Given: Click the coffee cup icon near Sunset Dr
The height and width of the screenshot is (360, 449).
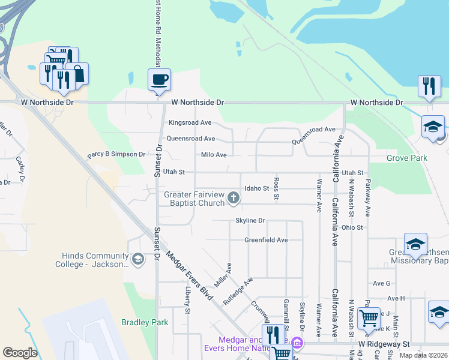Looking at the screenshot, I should [x=160, y=79].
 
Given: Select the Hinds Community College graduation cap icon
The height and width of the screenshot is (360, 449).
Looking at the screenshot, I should [x=138, y=259].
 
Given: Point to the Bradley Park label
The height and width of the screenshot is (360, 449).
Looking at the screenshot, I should [x=145, y=322].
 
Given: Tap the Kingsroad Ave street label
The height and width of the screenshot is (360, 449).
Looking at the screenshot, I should [x=190, y=123].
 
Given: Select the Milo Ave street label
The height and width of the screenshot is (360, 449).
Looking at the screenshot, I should [x=214, y=155].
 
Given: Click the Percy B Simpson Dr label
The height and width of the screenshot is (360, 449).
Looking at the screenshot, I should [x=116, y=154].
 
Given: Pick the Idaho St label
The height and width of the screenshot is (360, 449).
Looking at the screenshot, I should [x=257, y=188].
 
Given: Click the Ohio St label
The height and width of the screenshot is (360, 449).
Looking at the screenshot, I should [x=352, y=227].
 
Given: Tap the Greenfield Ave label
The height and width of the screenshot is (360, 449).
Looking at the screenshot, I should [x=266, y=240].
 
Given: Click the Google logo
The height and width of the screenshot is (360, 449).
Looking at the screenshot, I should [x=20, y=353].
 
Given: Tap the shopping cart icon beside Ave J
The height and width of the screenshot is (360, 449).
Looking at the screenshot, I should [x=369, y=317].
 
